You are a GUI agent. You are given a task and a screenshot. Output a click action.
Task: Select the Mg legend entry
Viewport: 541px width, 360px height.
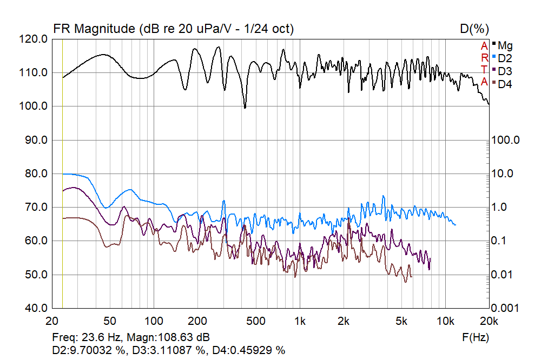505,45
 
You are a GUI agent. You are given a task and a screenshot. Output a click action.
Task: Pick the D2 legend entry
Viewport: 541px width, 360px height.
505,58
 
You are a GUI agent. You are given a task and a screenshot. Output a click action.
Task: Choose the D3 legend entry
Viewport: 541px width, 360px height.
505,71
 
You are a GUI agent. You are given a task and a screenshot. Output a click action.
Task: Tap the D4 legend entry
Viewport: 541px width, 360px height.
505,84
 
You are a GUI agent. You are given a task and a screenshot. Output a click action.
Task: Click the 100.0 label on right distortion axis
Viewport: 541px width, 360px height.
507,140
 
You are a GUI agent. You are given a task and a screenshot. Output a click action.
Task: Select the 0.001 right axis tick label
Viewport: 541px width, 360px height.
507,308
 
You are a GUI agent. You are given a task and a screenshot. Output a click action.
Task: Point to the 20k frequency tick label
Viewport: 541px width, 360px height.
489,320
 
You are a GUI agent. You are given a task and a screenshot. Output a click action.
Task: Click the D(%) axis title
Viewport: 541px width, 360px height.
474,29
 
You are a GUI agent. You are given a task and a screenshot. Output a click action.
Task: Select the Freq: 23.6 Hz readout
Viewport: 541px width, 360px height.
86,337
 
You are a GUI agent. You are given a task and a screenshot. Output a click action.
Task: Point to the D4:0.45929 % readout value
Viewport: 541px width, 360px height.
248,350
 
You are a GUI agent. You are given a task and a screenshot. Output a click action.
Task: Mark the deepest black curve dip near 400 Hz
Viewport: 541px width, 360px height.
245,108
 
